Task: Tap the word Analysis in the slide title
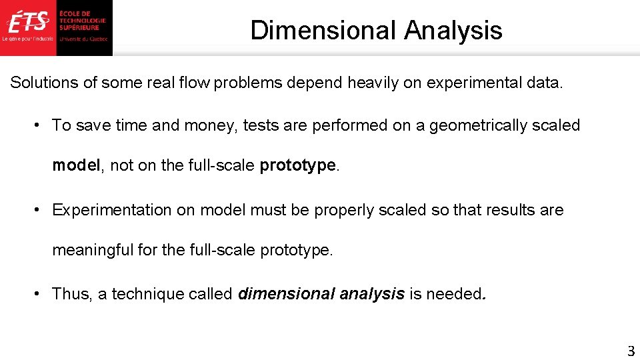click(453, 30)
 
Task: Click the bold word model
click(76, 165)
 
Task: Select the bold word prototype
click(297, 165)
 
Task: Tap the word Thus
click(71, 294)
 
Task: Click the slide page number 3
click(631, 351)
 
